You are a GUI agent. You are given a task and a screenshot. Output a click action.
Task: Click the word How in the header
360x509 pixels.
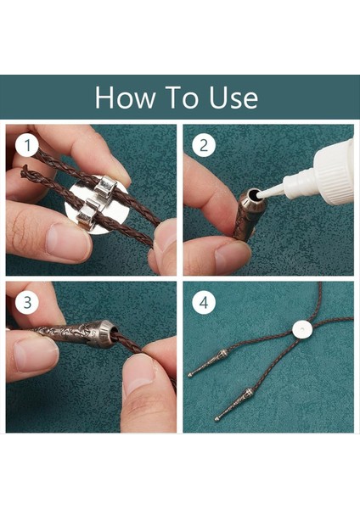[x=125, y=98]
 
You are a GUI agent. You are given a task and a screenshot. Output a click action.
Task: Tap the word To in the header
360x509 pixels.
[x=182, y=98]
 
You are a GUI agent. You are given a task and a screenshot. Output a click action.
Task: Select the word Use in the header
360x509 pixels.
[x=233, y=98]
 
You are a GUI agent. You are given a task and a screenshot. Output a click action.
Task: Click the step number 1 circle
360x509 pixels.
[x=28, y=145]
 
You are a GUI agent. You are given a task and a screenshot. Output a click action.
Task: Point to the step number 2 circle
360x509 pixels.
[x=204, y=145]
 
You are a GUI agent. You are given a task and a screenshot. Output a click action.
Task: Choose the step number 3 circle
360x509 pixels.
[x=28, y=303]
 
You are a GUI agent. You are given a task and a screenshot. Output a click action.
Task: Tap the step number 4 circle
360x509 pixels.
[x=204, y=303]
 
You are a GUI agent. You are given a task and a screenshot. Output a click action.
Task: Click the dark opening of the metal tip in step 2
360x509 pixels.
[x=252, y=195]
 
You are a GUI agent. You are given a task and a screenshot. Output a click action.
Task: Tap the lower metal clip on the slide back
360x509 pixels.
[x=87, y=211]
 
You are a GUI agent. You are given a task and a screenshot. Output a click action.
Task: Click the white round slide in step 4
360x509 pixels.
[x=302, y=330]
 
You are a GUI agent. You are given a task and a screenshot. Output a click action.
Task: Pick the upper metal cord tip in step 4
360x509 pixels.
[x=207, y=363]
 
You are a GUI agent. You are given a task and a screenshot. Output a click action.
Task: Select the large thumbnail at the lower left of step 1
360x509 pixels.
[x=66, y=241]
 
